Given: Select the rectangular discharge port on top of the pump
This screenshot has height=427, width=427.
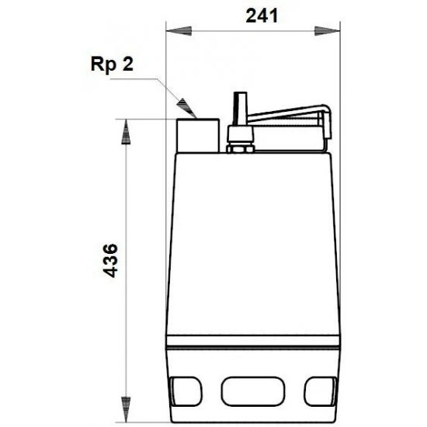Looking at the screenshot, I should (198, 134).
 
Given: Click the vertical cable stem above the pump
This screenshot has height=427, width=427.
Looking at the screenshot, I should (239, 109).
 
